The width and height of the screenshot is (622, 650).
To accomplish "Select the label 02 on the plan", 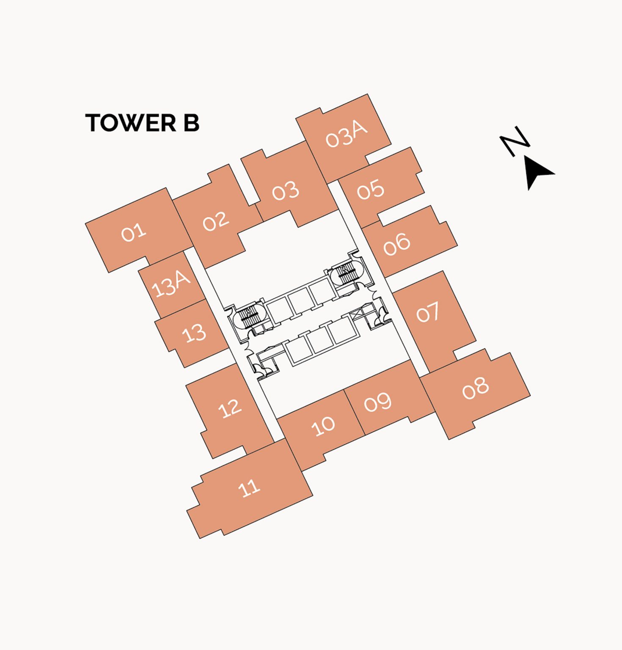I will [216, 221].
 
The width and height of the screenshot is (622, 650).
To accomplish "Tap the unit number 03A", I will [346, 135].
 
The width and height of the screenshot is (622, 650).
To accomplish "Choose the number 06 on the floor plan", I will [397, 244].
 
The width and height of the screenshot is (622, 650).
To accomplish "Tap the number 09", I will [378, 402].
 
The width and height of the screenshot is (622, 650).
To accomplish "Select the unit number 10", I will [323, 426].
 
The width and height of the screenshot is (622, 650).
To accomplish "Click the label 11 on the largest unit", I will [249, 488].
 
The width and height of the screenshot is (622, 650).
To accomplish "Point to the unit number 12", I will [230, 408].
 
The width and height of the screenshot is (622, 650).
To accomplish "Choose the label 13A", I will [171, 284].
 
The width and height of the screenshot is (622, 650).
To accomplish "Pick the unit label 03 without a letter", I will [286, 192].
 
